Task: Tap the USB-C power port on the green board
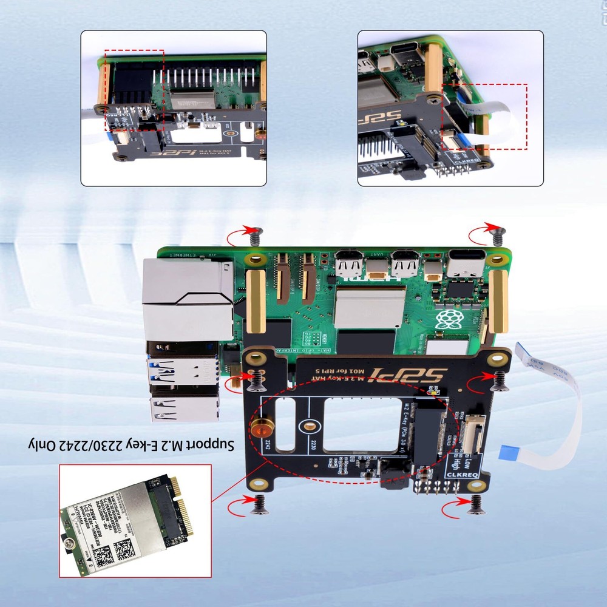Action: [467, 265]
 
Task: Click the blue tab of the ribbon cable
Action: [509, 452]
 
